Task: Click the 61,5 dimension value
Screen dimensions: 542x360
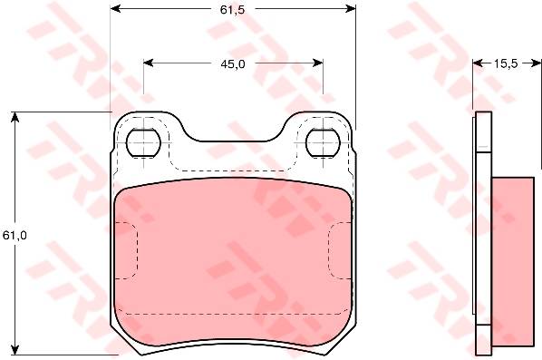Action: tap(232, 10)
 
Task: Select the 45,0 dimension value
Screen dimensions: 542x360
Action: tap(233, 64)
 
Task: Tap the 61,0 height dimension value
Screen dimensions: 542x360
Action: tap(15, 236)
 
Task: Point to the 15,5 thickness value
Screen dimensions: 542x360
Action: tap(506, 63)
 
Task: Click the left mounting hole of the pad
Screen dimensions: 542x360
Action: tap(144, 142)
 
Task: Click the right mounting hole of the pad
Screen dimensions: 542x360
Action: tap(324, 142)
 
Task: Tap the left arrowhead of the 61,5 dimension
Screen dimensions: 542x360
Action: tap(115, 9)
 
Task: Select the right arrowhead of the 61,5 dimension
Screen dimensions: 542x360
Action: tap(351, 9)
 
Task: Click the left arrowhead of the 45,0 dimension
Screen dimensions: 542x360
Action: tap(149, 63)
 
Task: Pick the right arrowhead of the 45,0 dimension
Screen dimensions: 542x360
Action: tap(318, 63)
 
